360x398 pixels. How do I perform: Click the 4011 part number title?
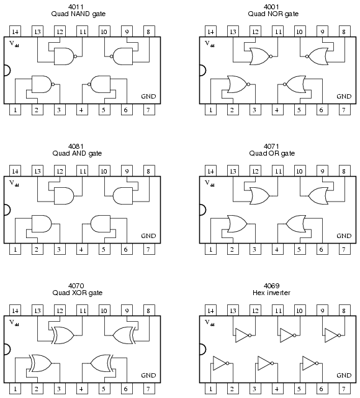[x=76, y=7]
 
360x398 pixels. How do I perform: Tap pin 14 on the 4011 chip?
[x=15, y=31]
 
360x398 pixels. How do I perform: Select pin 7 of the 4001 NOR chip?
[x=344, y=110]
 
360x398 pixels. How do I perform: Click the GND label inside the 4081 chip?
[x=148, y=236]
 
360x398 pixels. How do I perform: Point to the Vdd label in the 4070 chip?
[x=14, y=322]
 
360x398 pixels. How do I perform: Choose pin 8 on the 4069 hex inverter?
[x=344, y=310]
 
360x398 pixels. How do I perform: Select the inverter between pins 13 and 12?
[x=243, y=335]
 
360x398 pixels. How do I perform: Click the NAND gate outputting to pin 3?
[x=43, y=84]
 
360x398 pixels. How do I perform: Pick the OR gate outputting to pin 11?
[x=259, y=196]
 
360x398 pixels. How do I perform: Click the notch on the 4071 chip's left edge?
[x=203, y=210]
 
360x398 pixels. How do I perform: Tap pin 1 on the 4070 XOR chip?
[x=15, y=389]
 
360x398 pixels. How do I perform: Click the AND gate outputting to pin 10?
[x=122, y=196]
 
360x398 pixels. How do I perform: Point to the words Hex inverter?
[x=271, y=293]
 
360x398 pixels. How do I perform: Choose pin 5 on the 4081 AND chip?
[x=104, y=249]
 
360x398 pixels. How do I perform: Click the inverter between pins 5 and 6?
[x=310, y=363]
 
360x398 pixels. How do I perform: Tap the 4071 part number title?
[x=271, y=146]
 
